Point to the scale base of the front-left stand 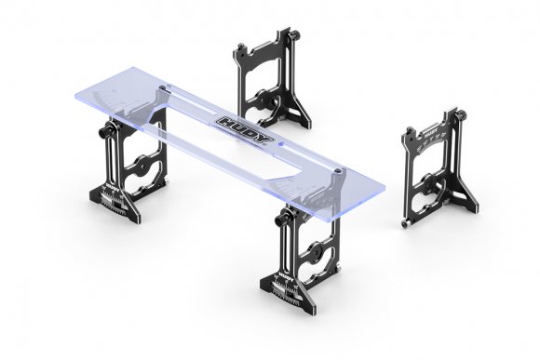[x=115, y=201]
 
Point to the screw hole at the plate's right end [x=340, y=173]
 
